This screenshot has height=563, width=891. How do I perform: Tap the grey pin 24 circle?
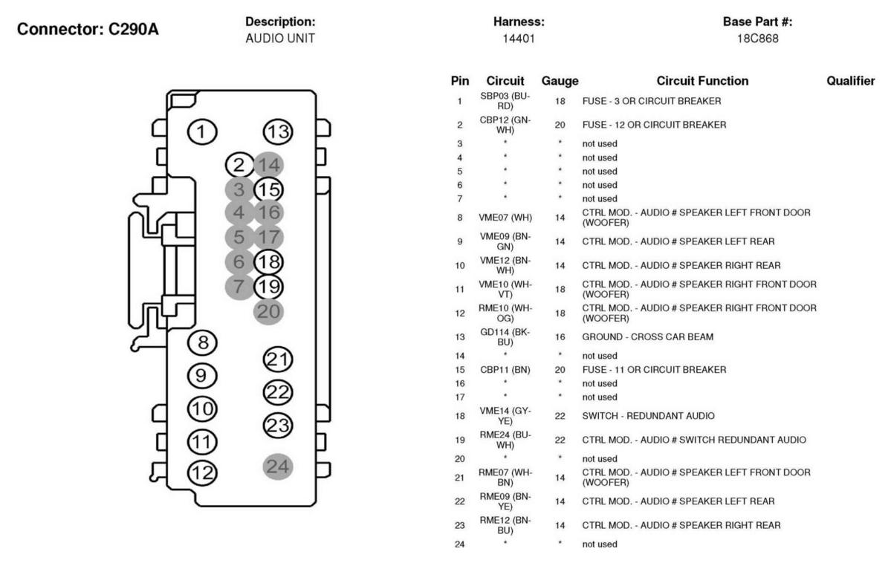coord(278,466)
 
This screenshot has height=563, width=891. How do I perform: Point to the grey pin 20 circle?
coord(268,311)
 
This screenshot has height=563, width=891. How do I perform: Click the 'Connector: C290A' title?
coord(88,29)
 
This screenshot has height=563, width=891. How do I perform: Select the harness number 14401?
coord(518,39)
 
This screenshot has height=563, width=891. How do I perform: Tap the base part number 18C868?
coord(757,39)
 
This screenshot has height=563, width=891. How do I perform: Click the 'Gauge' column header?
coord(560,81)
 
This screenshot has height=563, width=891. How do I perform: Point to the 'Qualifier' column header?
coord(851,81)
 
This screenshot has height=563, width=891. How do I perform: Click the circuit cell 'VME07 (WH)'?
coord(505,218)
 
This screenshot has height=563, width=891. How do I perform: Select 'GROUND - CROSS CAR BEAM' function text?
coord(648,337)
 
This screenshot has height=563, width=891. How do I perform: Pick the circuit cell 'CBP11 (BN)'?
coord(505,370)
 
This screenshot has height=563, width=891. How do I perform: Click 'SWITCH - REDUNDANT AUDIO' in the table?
coord(648,416)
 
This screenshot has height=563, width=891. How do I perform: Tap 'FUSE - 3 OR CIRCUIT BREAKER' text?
coord(652,101)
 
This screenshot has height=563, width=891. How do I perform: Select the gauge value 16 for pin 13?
coord(560,337)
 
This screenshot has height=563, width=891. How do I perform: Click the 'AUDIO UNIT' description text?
coord(280,39)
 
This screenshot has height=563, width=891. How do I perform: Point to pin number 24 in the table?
coord(460,544)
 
